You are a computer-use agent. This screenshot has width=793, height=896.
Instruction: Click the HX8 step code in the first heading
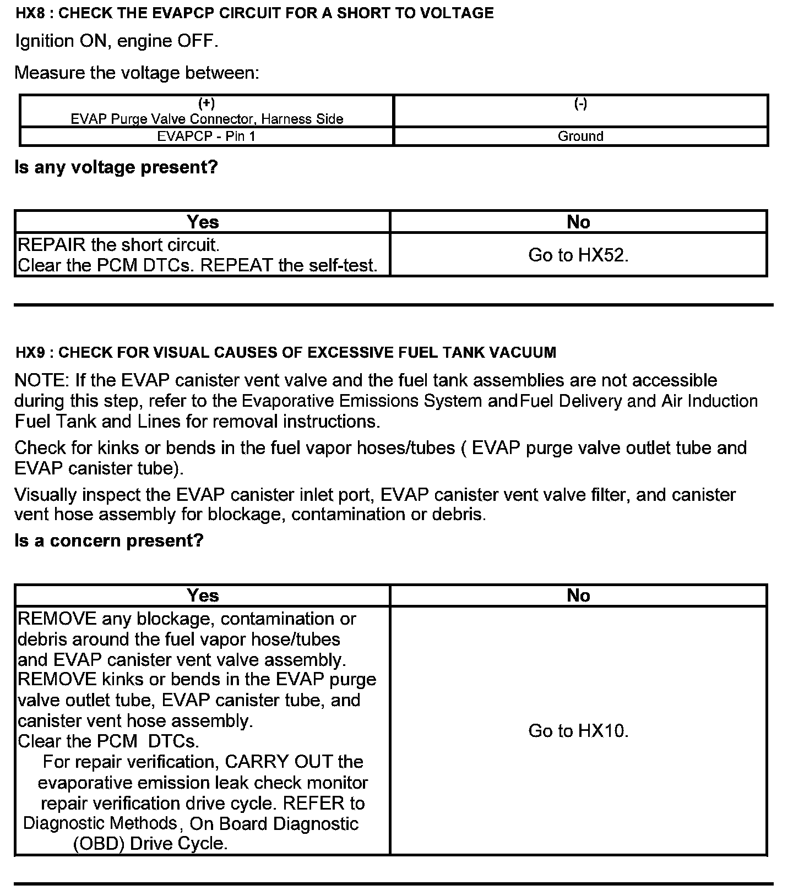(30, 13)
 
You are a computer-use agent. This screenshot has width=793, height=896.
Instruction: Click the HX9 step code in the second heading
(30, 352)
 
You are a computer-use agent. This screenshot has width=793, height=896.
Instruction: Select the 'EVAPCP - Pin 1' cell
(207, 136)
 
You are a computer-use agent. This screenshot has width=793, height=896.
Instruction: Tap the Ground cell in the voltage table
(580, 136)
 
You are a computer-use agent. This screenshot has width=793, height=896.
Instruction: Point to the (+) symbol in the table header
(207, 103)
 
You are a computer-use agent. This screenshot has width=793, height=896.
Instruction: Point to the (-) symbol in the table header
(580, 103)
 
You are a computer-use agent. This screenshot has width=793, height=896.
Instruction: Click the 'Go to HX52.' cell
(578, 255)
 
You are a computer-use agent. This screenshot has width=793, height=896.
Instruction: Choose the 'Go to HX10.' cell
(578, 731)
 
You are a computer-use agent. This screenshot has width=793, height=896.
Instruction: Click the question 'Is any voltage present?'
(116, 167)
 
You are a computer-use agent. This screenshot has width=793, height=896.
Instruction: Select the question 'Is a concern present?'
(109, 540)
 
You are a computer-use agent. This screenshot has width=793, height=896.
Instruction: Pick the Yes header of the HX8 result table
(203, 222)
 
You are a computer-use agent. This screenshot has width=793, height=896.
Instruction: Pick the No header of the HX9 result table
(578, 595)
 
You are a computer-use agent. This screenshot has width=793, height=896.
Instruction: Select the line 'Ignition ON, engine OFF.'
(117, 41)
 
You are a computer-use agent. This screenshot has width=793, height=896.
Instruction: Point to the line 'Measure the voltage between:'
(137, 73)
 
